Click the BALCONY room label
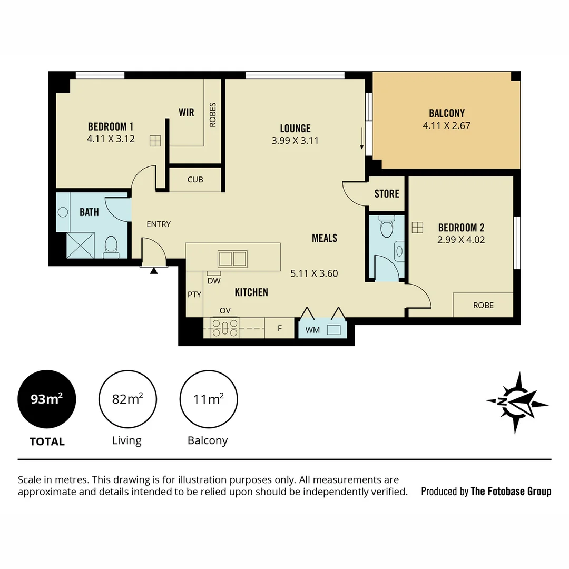coord(447,113)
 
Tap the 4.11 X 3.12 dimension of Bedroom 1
coord(111,139)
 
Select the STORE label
coord(387,194)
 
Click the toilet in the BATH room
coord(111,246)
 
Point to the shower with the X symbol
coord(81,245)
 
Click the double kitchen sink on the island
coord(232,259)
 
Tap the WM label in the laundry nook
coord(312,330)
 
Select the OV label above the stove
coord(225,310)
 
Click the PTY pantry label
coord(194,295)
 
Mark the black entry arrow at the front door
coord(154,271)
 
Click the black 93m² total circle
coord(47,399)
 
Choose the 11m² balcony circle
coord(208,399)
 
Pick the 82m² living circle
coord(127,399)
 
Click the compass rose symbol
coord(516,403)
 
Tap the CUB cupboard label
coord(195,180)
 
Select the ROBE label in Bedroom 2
coord(483,305)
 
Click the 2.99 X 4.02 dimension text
coord(461,240)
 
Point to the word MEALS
coord(325,238)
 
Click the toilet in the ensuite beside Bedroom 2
coord(386,228)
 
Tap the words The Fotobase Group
coord(511,492)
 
